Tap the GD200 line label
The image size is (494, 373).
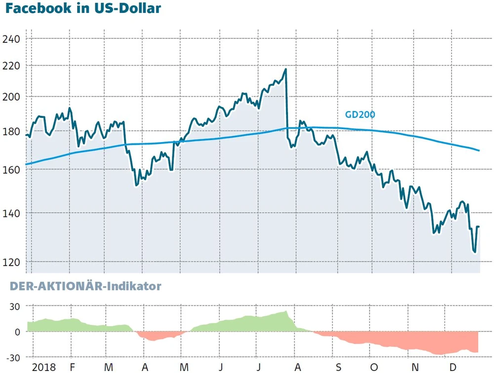tap(360, 115)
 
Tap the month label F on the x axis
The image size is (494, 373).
tap(72, 367)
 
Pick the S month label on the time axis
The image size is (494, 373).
tap(338, 367)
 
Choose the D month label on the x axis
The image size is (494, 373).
tap(452, 367)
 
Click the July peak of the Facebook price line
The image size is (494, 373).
tap(286, 70)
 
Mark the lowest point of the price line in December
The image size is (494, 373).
tap(475, 252)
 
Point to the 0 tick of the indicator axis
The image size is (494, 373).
tap(17, 332)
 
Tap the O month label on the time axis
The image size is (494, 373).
tap(374, 367)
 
